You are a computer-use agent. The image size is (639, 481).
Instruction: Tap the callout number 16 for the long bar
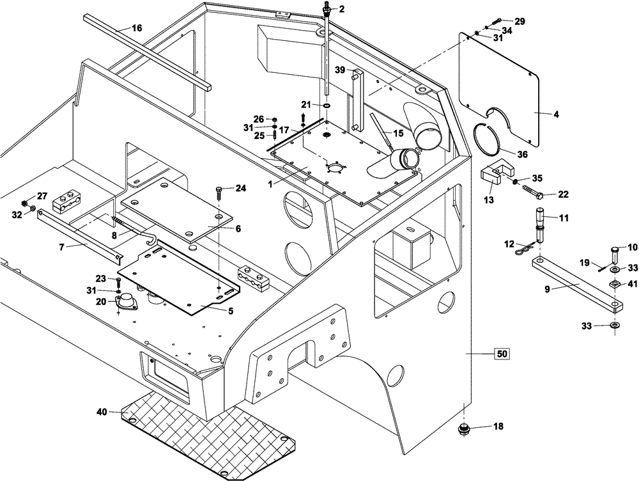[x=137, y=28]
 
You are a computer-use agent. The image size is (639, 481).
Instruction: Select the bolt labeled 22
[x=530, y=191]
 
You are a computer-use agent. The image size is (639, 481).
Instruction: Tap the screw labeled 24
[x=220, y=192]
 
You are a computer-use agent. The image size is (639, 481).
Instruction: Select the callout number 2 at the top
[x=341, y=8]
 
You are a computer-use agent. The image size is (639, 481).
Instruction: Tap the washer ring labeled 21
[x=327, y=105]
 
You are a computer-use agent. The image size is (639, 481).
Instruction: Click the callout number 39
[x=339, y=70]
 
